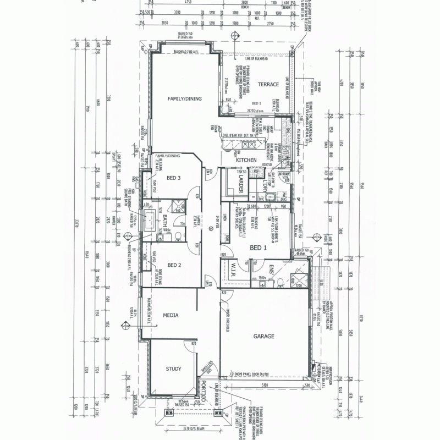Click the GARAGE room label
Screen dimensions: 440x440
tap(264, 335)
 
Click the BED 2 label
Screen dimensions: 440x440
tap(174, 265)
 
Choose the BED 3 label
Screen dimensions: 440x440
tap(174, 178)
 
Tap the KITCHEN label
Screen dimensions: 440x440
tap(246, 160)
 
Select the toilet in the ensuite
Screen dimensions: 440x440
tap(280, 283)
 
